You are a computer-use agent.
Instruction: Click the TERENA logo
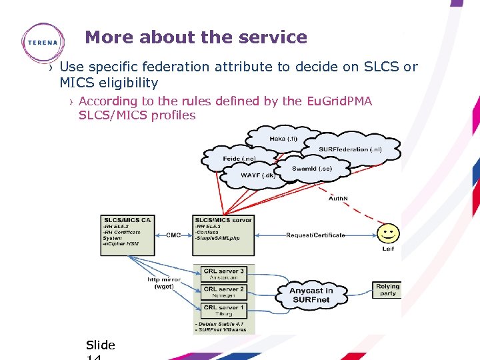click(x=43, y=42)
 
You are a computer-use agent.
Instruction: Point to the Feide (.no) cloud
click(x=239, y=159)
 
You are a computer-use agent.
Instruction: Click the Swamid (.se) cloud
click(x=311, y=169)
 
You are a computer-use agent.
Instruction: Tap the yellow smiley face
click(x=388, y=233)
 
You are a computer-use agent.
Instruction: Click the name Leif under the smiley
click(x=388, y=249)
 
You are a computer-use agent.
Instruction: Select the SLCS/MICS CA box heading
click(x=127, y=219)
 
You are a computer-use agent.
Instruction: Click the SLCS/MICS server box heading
click(x=223, y=219)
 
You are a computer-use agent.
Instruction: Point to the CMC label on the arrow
click(x=173, y=235)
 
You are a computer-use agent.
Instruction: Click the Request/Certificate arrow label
click(x=315, y=235)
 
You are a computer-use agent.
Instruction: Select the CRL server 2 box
click(x=223, y=293)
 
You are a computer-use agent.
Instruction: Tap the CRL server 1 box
click(x=223, y=311)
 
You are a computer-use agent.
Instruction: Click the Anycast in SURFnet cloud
click(x=311, y=295)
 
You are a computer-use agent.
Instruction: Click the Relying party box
click(x=387, y=289)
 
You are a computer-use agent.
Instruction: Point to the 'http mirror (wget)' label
click(x=164, y=283)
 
